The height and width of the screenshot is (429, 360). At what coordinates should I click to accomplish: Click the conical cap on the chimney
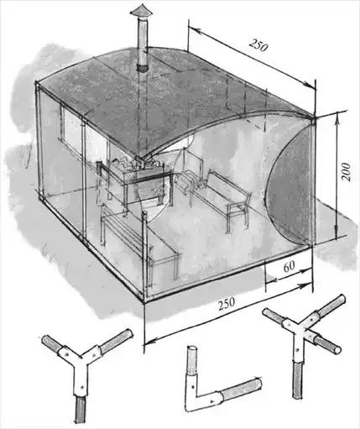pyautogui.click(x=141, y=11)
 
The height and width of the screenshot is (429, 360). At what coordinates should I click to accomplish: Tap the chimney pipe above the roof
pyautogui.click(x=143, y=42)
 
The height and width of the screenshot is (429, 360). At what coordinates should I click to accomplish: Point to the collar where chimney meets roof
pyautogui.click(x=143, y=68)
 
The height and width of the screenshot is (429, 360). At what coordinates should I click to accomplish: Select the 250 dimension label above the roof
pyautogui.click(x=258, y=45)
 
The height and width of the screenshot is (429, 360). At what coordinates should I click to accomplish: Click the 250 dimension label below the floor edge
pyautogui.click(x=227, y=303)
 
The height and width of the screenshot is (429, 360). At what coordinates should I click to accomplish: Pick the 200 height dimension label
pyautogui.click(x=346, y=172)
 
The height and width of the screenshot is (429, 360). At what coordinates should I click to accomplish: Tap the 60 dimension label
pyautogui.click(x=289, y=267)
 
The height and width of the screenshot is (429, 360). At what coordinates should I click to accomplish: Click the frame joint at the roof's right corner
pyautogui.click(x=312, y=121)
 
